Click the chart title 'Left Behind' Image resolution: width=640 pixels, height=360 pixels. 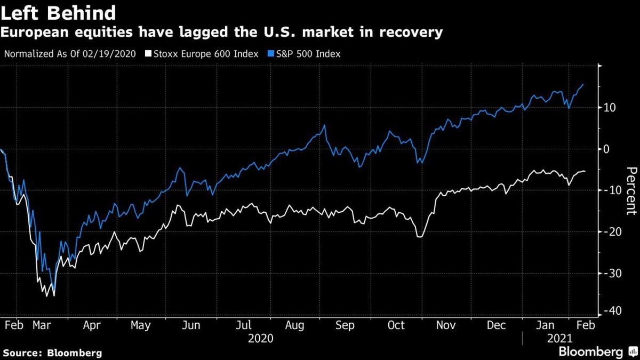pos(59,13)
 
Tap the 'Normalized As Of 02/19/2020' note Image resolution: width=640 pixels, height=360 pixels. pos(70,53)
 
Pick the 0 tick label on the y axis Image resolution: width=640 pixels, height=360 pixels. pos(607,149)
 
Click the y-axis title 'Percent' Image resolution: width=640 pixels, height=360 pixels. pos(631,190)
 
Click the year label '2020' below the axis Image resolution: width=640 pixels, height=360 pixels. pos(261,338)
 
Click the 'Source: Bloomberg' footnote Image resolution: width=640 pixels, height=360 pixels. pos(52,353)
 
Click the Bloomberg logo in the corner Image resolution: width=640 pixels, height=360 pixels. pos(597,351)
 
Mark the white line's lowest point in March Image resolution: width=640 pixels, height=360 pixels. pos(54,295)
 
